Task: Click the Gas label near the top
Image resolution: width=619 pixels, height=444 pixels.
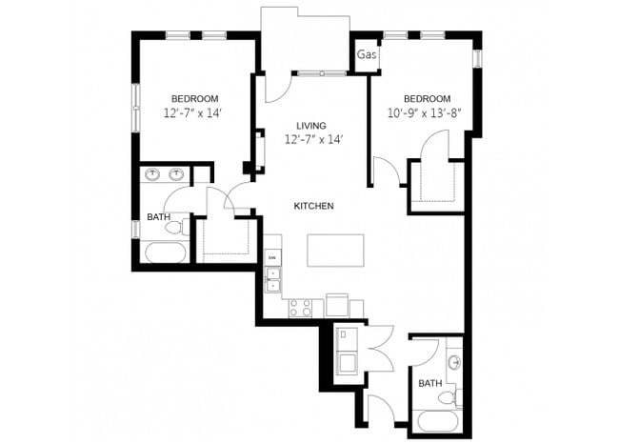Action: coord(367,54)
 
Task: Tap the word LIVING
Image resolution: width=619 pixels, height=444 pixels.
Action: coord(311,126)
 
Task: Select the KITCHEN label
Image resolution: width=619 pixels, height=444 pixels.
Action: coord(313,207)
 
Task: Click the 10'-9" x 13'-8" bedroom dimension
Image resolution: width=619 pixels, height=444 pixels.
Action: coord(426,113)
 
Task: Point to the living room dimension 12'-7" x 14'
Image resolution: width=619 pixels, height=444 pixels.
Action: coord(312,140)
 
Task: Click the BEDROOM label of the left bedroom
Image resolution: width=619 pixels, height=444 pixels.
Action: coord(194,99)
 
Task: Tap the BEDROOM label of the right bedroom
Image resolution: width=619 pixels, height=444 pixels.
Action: coord(426,99)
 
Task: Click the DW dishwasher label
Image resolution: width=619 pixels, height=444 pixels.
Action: coord(272,258)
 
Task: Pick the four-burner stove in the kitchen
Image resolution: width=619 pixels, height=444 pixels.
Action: coord(301,307)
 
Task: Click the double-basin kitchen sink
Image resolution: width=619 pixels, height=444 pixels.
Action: coord(273,279)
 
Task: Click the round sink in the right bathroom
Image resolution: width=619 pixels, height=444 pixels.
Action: coord(454,362)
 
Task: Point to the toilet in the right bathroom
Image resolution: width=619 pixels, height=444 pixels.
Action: coord(458,394)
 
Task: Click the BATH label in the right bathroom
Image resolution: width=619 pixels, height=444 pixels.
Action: coord(429,384)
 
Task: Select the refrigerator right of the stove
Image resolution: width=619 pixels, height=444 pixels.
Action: coord(336,304)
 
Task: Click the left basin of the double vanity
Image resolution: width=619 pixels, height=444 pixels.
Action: coord(152,174)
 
